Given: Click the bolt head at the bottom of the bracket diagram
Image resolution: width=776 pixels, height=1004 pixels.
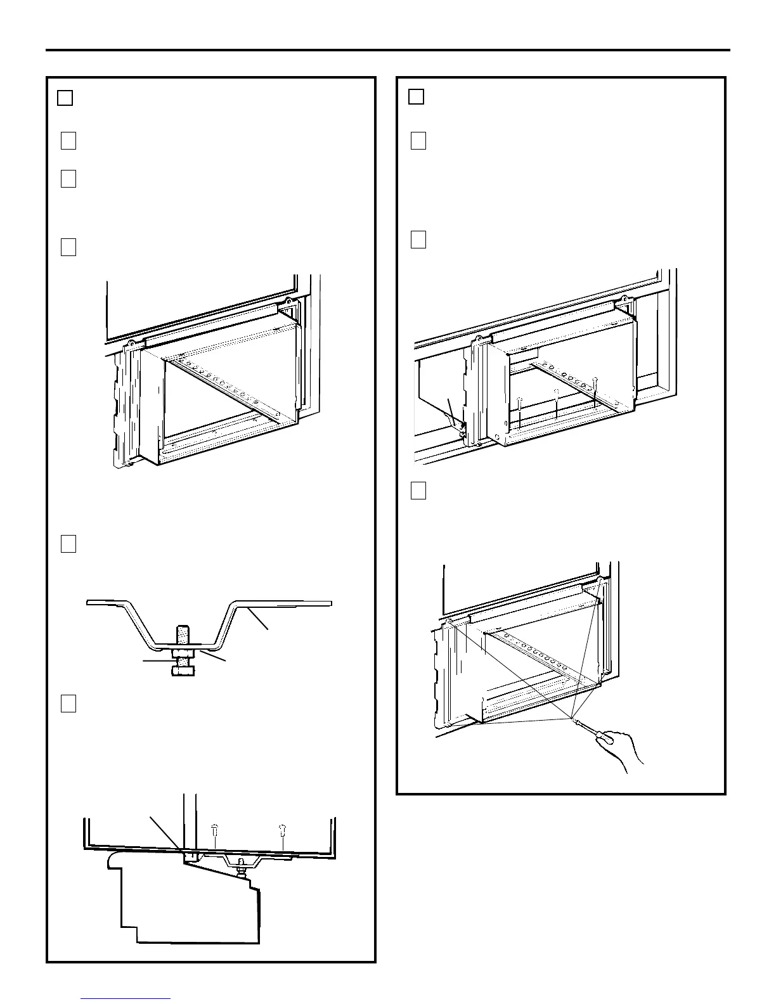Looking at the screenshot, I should click(183, 671).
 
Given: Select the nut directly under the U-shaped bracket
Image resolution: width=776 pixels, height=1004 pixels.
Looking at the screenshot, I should click(183, 653).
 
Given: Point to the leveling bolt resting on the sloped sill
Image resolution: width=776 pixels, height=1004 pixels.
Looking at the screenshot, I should click(243, 870).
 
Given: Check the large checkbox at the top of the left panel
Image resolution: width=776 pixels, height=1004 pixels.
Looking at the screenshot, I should click(65, 98).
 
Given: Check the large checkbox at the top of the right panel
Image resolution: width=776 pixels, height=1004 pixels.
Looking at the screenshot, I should click(416, 96).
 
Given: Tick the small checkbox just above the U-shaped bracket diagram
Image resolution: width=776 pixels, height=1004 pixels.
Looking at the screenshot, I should click(68, 544).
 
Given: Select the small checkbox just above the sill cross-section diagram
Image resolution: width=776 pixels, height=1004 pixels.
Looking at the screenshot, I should click(68, 704).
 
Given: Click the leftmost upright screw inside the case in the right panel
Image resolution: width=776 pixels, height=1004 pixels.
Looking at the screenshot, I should click(519, 409).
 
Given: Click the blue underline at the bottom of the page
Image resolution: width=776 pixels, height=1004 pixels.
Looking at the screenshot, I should click(126, 999).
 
